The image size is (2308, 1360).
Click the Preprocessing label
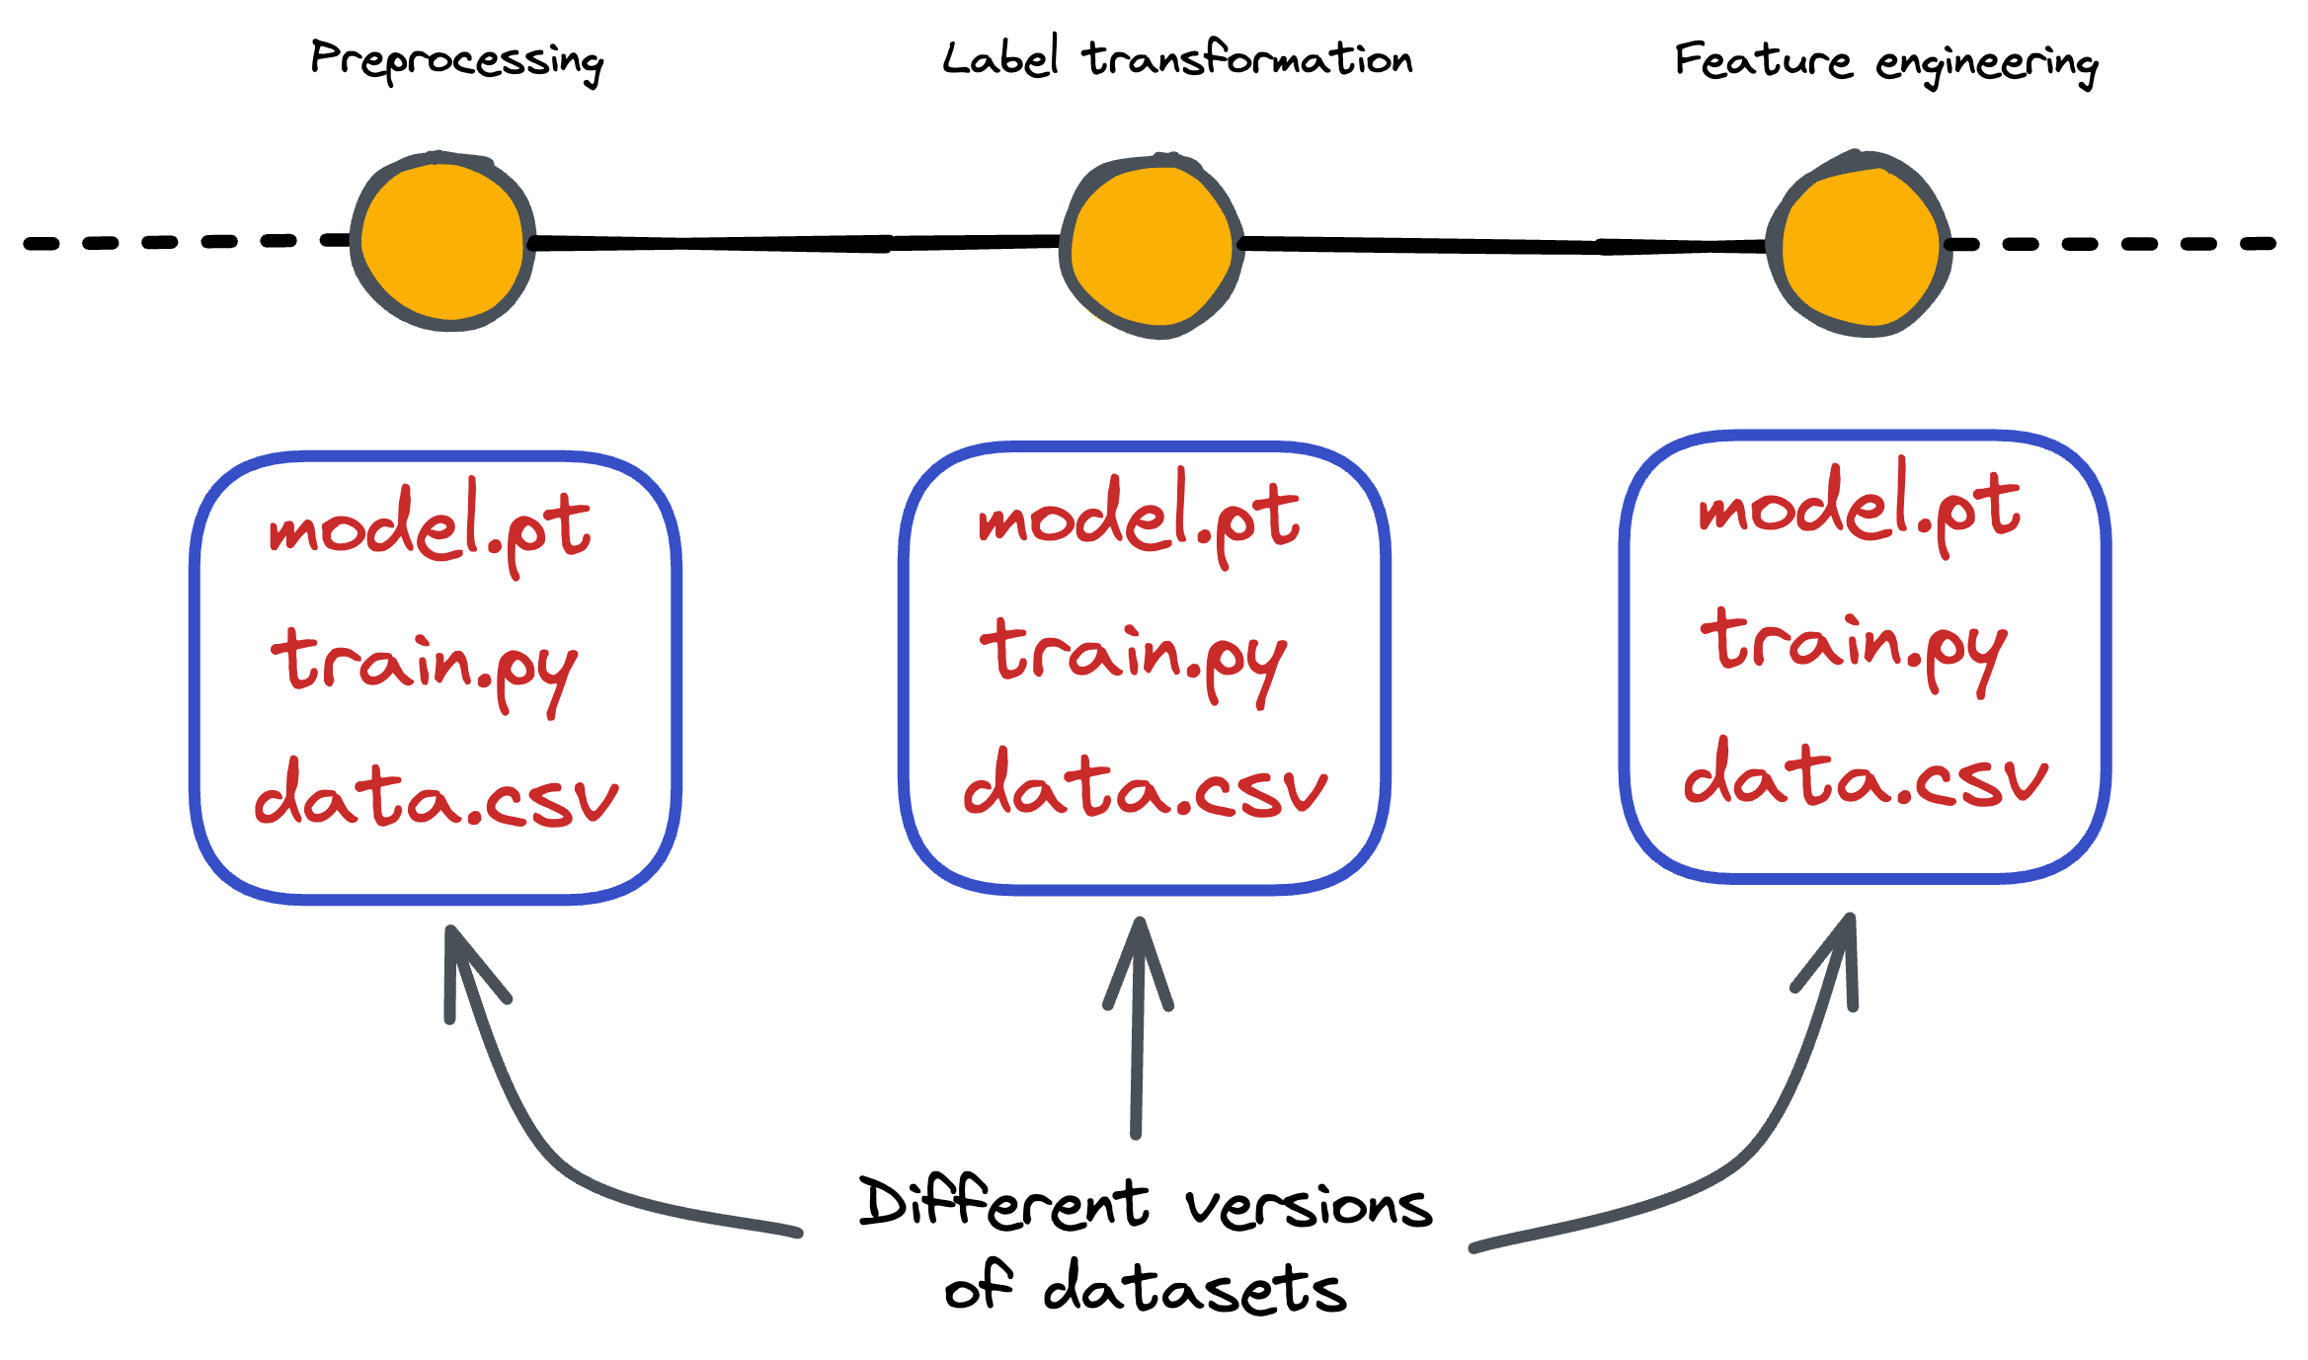coord(456,61)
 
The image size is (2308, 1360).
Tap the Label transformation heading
coord(1177,57)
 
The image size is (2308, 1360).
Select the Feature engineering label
coord(1886,63)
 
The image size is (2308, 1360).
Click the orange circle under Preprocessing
coord(443,241)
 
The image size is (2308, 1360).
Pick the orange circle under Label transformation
coord(1152,246)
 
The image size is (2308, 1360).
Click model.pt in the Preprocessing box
coord(430,528)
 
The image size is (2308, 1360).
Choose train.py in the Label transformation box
coord(1134,660)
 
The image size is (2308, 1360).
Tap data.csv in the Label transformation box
coord(1146,781)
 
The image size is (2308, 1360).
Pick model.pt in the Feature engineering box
coord(1860,508)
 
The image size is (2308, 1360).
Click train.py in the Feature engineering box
coord(1855,649)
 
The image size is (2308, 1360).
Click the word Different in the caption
coord(1004,1202)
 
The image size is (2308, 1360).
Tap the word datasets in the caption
coord(1195,1287)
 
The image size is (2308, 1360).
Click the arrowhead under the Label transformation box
coord(1139,958)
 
